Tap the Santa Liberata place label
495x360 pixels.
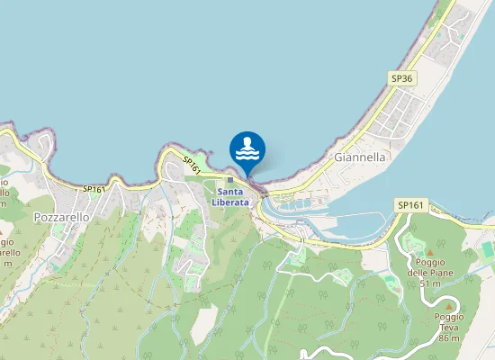coord(230,197)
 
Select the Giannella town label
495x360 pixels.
coord(359,157)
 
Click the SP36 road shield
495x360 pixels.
coord(401,79)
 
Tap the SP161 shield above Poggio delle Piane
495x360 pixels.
coord(409,206)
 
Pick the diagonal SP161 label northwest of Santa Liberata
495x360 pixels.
coord(192,165)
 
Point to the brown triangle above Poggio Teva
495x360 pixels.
coord(449,307)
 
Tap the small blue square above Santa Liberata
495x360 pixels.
coord(229,180)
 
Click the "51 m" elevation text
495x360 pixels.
coord(428,283)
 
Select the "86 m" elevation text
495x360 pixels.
coord(449,338)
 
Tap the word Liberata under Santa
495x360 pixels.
coord(230,202)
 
